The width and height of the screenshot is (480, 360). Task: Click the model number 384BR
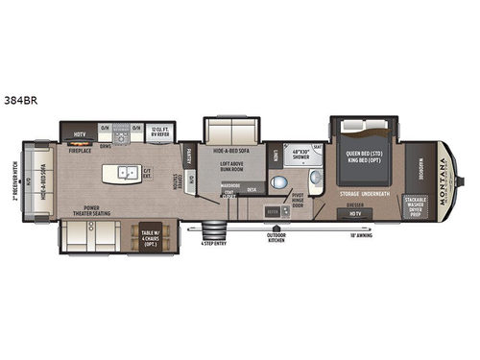pyautogui.click(x=20, y=99)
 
